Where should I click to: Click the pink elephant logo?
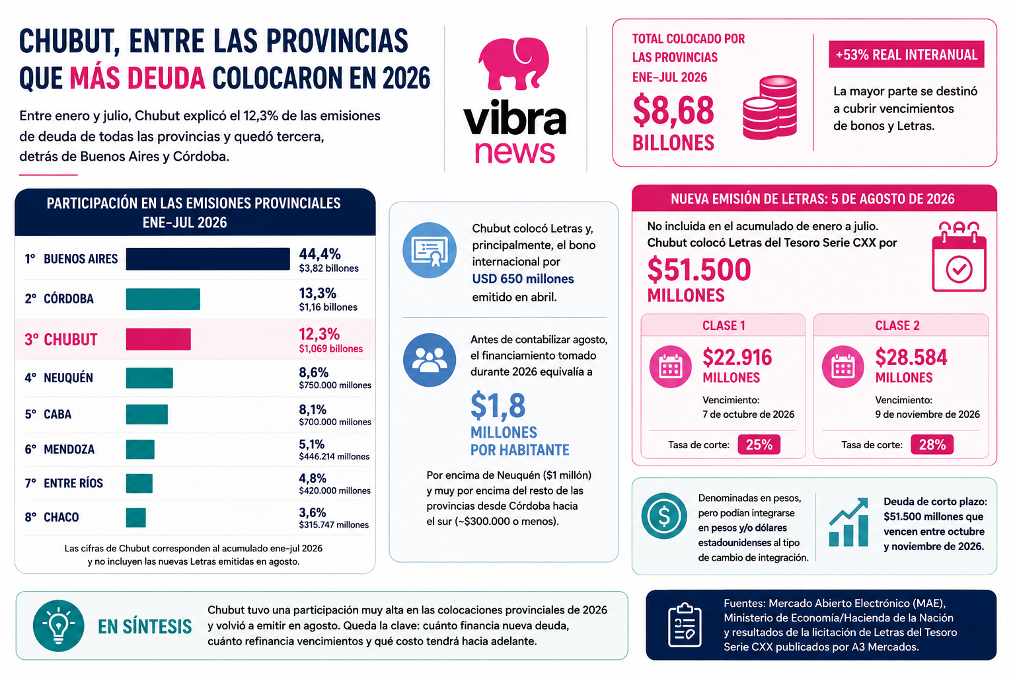pyautogui.click(x=513, y=63)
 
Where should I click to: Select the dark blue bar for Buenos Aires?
pyautogui.click(x=208, y=259)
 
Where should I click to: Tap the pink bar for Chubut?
pyautogui.click(x=158, y=339)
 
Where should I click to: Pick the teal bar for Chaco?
pyautogui.click(x=136, y=518)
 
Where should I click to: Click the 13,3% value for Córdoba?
pyautogui.click(x=317, y=294)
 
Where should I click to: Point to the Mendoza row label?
pyautogui.click(x=69, y=450)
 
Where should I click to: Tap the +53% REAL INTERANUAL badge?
pyautogui.click(x=906, y=54)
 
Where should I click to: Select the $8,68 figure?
pyautogui.click(x=673, y=110)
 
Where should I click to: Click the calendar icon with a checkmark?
pyautogui.click(x=959, y=257)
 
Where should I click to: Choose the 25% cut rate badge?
pyautogui.click(x=759, y=444)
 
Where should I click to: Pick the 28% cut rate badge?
pyautogui.click(x=932, y=444)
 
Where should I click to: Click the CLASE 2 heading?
pyautogui.click(x=897, y=325)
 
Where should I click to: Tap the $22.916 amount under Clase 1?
pyautogui.click(x=737, y=357)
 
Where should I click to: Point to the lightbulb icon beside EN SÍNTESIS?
pyautogui.click(x=58, y=625)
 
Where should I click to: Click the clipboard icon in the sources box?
pyautogui.click(x=685, y=625)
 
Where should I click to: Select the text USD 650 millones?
pyautogui.click(x=523, y=279)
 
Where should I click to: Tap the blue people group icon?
pyautogui.click(x=430, y=360)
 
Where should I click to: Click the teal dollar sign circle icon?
pyautogui.click(x=664, y=516)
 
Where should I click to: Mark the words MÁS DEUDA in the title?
pyautogui.click(x=137, y=77)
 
